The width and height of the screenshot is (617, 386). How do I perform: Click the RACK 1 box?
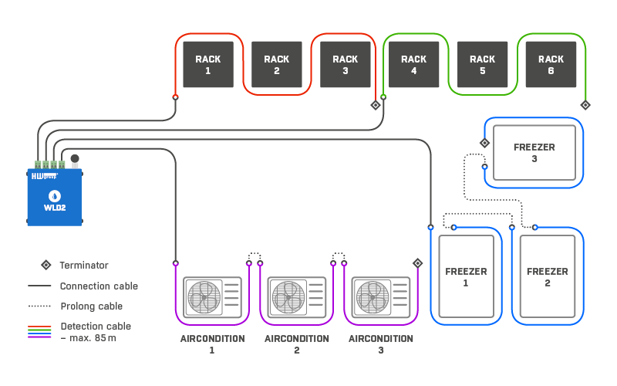tap(208, 65)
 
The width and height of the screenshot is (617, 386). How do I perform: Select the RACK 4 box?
tap(413, 65)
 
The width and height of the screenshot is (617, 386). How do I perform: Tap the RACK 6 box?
tap(551, 65)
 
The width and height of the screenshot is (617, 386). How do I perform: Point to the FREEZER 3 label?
tap(534, 153)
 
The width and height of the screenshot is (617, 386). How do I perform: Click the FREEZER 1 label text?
tap(466, 277)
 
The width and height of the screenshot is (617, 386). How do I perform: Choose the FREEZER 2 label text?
tap(548, 277)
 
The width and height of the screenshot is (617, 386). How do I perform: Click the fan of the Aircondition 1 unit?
tap(204, 297)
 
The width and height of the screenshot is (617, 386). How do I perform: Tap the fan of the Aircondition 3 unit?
tap(373, 297)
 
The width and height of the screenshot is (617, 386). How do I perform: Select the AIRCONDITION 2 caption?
tap(297, 344)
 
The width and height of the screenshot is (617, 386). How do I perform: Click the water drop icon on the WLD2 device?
tap(54, 196)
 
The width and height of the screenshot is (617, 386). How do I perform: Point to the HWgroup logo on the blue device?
tap(45, 176)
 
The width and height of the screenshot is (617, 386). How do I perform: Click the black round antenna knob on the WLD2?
tap(75, 159)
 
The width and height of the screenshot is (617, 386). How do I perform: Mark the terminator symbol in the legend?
tap(46, 265)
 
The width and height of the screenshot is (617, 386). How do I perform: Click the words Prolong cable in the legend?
tap(91, 306)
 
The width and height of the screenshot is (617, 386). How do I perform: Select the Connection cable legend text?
tap(99, 286)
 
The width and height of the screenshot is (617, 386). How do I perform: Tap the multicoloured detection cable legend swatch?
tap(39, 332)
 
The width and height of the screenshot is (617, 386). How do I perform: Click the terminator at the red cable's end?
tap(376, 105)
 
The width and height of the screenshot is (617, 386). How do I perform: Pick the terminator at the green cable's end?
tap(585, 105)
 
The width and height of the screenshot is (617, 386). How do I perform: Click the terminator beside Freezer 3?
tap(485, 143)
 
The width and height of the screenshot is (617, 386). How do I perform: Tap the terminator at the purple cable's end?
tap(418, 263)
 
